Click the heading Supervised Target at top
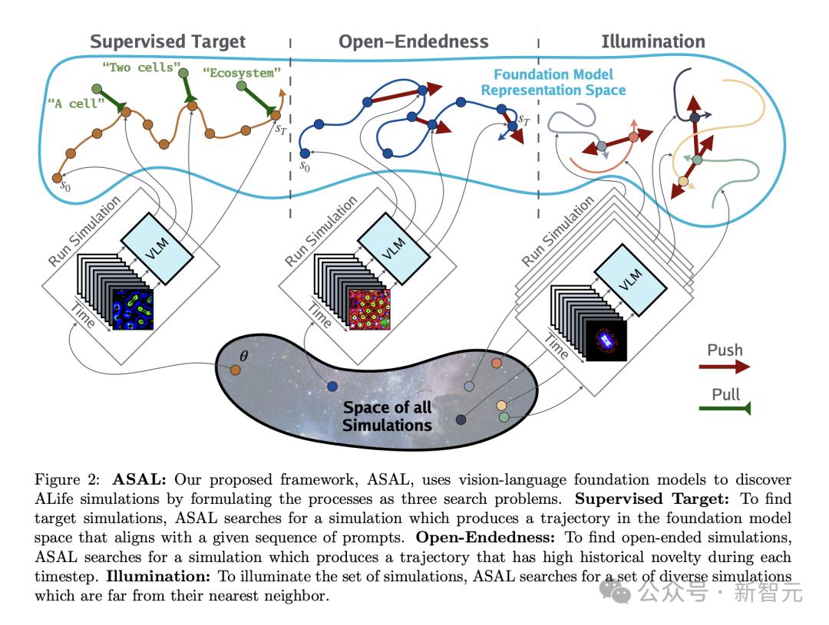(168, 41)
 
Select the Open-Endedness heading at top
(414, 41)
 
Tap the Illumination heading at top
(652, 41)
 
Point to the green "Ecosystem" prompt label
(242, 74)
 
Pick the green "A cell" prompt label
(75, 104)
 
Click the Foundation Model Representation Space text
(553, 82)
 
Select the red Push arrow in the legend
(724, 367)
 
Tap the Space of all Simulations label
(387, 416)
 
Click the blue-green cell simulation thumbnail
(134, 309)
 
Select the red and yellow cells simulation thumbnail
(370, 309)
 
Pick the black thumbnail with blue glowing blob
(606, 340)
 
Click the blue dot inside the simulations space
(332, 386)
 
